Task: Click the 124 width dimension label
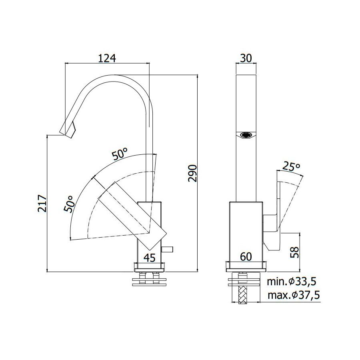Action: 107,58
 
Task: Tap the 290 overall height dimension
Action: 192,173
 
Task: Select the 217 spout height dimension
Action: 42,204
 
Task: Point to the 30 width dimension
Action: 246,58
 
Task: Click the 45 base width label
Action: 150,258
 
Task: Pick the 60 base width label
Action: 246,257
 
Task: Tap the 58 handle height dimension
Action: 295,252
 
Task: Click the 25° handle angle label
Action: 291,167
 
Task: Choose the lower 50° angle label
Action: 69,204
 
